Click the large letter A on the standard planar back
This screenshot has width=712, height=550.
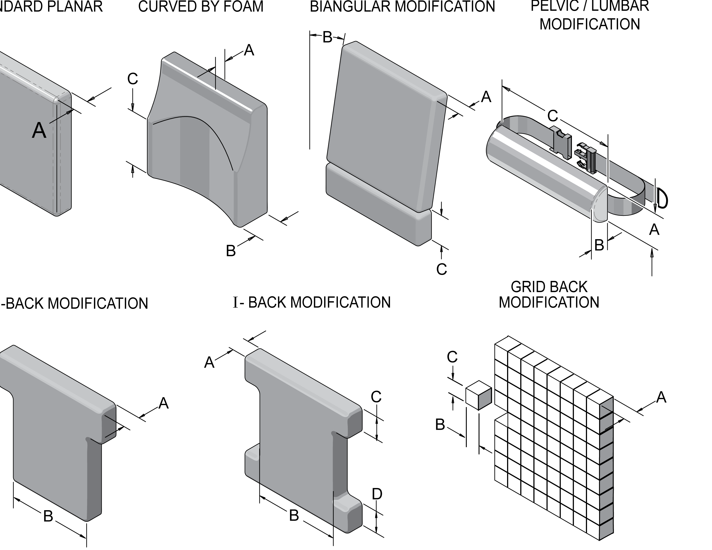(39, 131)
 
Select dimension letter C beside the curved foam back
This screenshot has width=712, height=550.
(133, 79)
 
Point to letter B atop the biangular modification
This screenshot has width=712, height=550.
(327, 37)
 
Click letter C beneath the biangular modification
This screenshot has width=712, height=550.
(441, 269)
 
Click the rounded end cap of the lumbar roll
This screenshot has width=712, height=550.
(600, 205)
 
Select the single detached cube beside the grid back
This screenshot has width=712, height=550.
(478, 395)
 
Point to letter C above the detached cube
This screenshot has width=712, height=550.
(452, 357)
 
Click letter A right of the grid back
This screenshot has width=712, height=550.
(661, 397)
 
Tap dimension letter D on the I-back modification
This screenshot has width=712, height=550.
(377, 494)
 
